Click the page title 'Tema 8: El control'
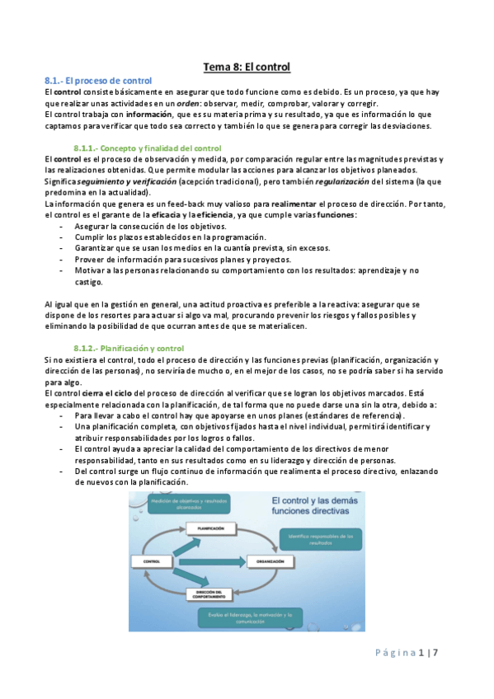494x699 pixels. coord(247,66)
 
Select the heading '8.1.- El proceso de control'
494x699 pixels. coord(98,80)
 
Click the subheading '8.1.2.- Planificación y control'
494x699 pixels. coord(128,348)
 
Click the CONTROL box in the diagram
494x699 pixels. coord(151,561)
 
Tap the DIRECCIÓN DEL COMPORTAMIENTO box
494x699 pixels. coord(211,594)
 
